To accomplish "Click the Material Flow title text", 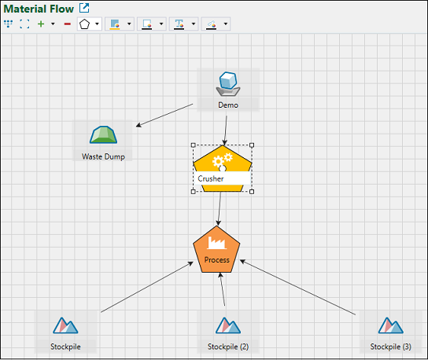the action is [39, 9].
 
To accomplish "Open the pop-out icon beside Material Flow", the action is [84, 8].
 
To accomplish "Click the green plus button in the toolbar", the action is [41, 24].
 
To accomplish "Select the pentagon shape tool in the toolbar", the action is [84, 24].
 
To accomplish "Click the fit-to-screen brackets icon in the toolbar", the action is [24, 24].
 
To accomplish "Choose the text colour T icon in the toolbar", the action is [179, 24].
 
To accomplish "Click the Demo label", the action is [228, 105].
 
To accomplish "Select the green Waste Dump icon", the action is [103, 134].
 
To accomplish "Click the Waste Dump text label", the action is [103, 156].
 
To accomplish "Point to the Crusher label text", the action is [211, 178].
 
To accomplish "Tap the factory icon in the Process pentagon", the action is [216, 243].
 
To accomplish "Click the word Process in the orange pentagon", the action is [216, 260].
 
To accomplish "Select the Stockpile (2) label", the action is [228, 347].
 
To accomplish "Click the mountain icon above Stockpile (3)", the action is [390, 325].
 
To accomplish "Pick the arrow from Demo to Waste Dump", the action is [164, 115].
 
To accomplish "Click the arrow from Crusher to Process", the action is [220, 208].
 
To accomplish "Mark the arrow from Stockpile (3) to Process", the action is [297, 287].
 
